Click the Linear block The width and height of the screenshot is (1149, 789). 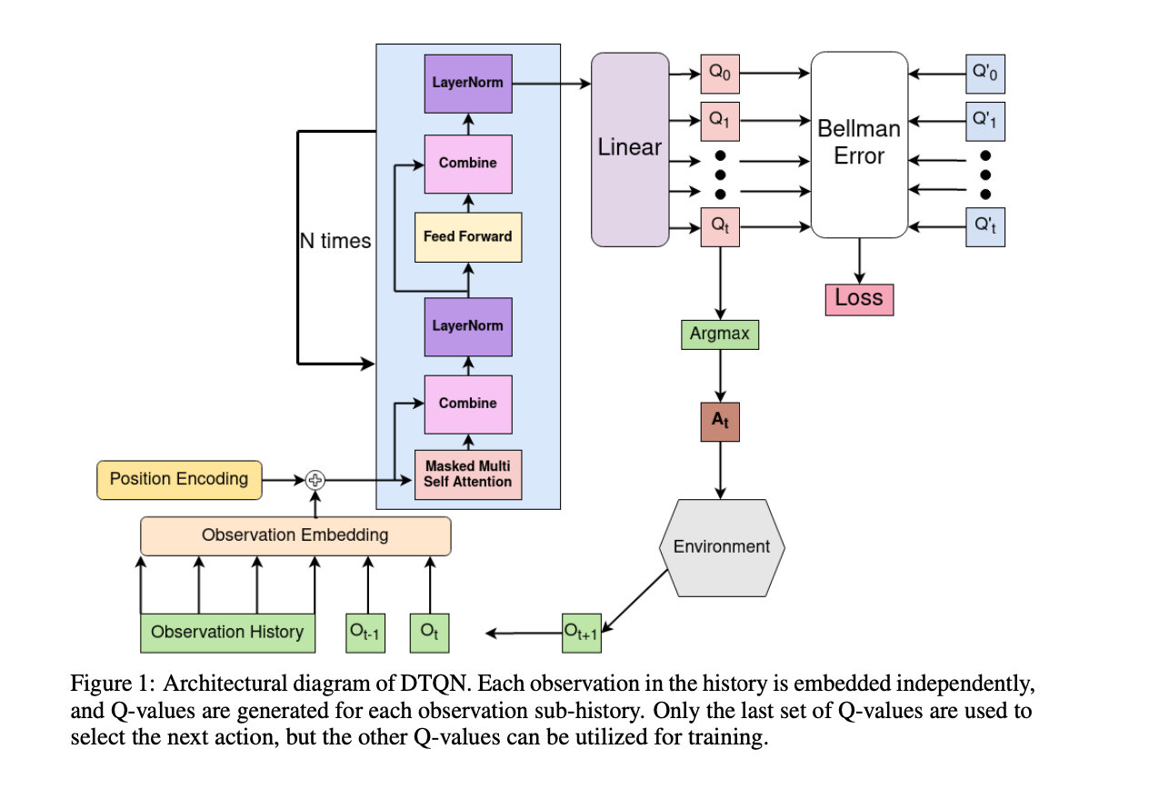click(629, 149)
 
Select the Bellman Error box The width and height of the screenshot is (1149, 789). click(859, 145)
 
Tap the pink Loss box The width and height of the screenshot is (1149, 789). click(859, 298)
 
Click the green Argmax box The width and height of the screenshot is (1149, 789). click(719, 334)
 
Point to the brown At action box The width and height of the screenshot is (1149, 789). click(719, 421)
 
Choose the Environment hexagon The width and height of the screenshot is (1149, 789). click(721, 546)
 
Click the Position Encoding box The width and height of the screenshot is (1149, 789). click(179, 479)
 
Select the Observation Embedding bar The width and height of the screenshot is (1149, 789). click(295, 535)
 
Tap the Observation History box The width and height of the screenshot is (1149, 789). click(227, 632)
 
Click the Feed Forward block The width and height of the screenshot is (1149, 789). click(468, 236)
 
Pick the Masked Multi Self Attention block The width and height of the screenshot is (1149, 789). click(468, 474)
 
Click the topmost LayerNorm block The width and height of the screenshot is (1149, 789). click(468, 83)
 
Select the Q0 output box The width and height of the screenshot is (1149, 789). click(719, 75)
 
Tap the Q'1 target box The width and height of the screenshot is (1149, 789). click(985, 119)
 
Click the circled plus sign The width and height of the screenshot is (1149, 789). click(315, 479)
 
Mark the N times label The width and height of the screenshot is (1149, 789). click(335, 241)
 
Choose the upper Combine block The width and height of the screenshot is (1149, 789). click(468, 164)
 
